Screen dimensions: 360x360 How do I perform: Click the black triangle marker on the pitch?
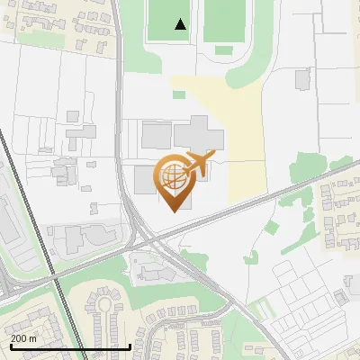[181, 24]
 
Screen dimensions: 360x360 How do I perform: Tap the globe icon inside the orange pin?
[175, 177]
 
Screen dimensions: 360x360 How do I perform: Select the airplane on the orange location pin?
[199, 165]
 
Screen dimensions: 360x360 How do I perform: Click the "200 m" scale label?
[22, 337]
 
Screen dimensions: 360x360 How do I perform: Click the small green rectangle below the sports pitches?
[178, 94]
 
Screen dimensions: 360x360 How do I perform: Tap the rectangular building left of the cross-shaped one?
[156, 136]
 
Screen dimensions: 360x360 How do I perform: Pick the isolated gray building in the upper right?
[302, 80]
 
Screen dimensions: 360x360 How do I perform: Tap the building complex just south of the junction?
[157, 269]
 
